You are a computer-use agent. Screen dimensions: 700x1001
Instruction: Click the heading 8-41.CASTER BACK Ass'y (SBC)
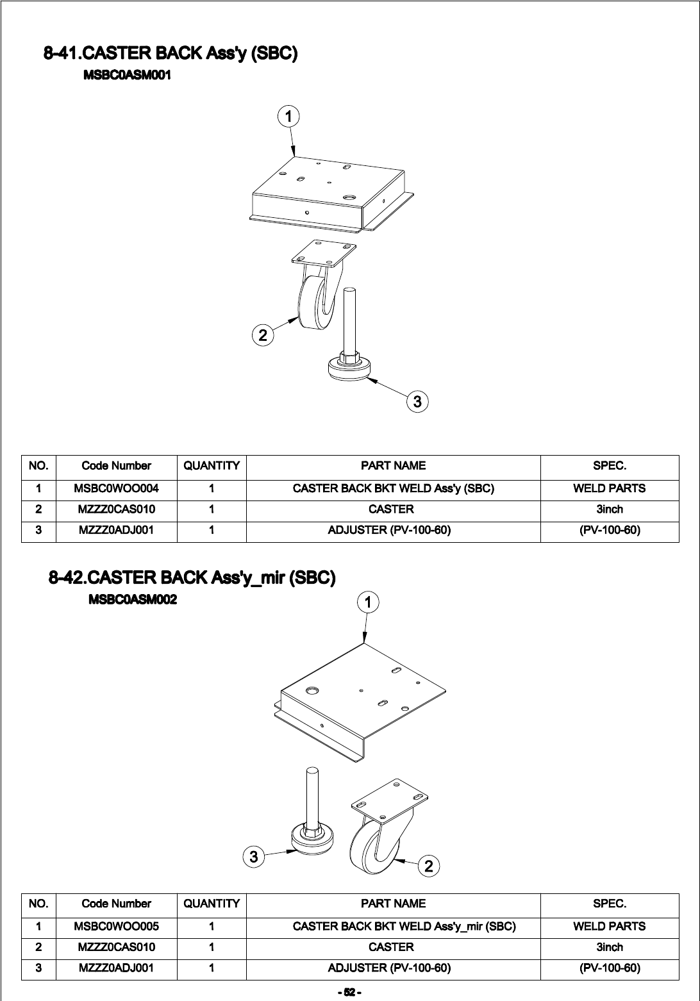[170, 53]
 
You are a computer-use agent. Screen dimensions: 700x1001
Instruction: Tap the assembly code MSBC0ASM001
[127, 76]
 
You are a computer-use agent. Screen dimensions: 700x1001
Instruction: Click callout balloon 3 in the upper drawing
[417, 402]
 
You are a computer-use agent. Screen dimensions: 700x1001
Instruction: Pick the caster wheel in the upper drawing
[314, 301]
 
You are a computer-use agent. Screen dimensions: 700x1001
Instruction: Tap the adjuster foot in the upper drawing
[350, 368]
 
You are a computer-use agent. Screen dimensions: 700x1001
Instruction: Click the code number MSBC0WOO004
[116, 488]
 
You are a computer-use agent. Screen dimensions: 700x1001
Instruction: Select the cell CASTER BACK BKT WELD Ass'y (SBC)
[393, 488]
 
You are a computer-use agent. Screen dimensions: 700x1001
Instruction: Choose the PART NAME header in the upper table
[393, 466]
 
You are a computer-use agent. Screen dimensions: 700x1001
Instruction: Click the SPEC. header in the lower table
[609, 904]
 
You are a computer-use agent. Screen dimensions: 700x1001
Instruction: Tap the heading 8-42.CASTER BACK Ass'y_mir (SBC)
[192, 578]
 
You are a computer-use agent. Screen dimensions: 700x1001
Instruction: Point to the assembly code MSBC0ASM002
[132, 600]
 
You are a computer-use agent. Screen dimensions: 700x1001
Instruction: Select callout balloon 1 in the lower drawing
[368, 602]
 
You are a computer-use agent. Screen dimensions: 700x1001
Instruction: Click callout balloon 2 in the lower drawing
[429, 866]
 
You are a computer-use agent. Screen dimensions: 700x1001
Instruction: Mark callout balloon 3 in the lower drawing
[254, 856]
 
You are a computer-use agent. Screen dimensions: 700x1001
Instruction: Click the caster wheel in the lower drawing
[371, 846]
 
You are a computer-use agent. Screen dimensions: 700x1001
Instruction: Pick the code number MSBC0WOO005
[116, 926]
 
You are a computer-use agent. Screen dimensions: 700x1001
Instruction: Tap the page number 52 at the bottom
[350, 993]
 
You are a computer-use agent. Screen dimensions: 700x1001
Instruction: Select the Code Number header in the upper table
[116, 466]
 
